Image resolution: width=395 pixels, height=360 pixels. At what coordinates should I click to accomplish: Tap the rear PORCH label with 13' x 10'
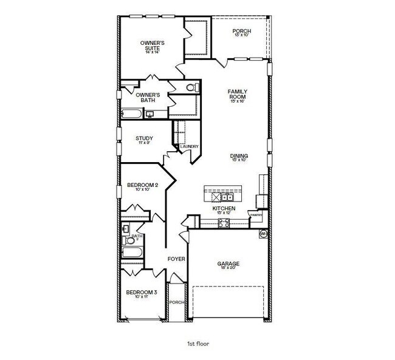pyautogui.click(x=242, y=33)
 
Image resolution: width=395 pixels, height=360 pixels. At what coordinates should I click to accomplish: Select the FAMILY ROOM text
pyautogui.click(x=237, y=95)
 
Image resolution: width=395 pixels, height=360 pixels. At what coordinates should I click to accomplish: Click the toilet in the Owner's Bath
pyautogui.click(x=191, y=88)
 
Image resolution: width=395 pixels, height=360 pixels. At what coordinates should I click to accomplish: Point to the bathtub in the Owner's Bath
pyautogui.click(x=131, y=114)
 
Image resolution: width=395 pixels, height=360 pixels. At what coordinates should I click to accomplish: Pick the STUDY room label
pyautogui.click(x=144, y=139)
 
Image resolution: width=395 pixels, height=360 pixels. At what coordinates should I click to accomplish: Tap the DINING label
pyautogui.click(x=239, y=157)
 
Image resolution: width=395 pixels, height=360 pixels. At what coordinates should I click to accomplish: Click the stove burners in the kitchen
pyautogui.click(x=223, y=223)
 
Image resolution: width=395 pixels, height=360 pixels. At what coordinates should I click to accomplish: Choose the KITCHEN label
pyautogui.click(x=223, y=209)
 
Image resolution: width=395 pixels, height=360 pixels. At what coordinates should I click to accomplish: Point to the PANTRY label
pyautogui.click(x=256, y=214)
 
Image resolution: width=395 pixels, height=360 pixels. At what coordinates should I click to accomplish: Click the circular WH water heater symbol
pyautogui.click(x=264, y=233)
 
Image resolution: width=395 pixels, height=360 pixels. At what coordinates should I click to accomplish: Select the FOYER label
pyautogui.click(x=176, y=259)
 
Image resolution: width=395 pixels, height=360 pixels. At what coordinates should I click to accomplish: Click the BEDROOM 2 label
pyautogui.click(x=142, y=186)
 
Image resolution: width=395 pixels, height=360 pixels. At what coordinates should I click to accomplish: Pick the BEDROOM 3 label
pyautogui.click(x=142, y=293)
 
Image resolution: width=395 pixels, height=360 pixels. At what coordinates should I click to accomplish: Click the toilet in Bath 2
pyautogui.click(x=126, y=229)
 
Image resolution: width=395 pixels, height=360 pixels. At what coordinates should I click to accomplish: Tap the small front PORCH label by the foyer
pyautogui.click(x=176, y=302)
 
